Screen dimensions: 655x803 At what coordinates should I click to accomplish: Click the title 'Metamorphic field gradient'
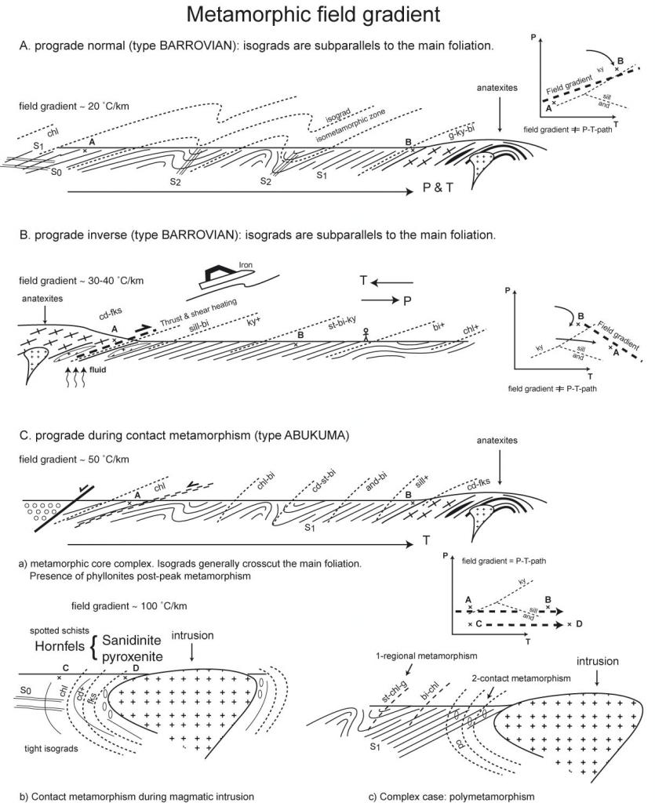coord(327,15)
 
